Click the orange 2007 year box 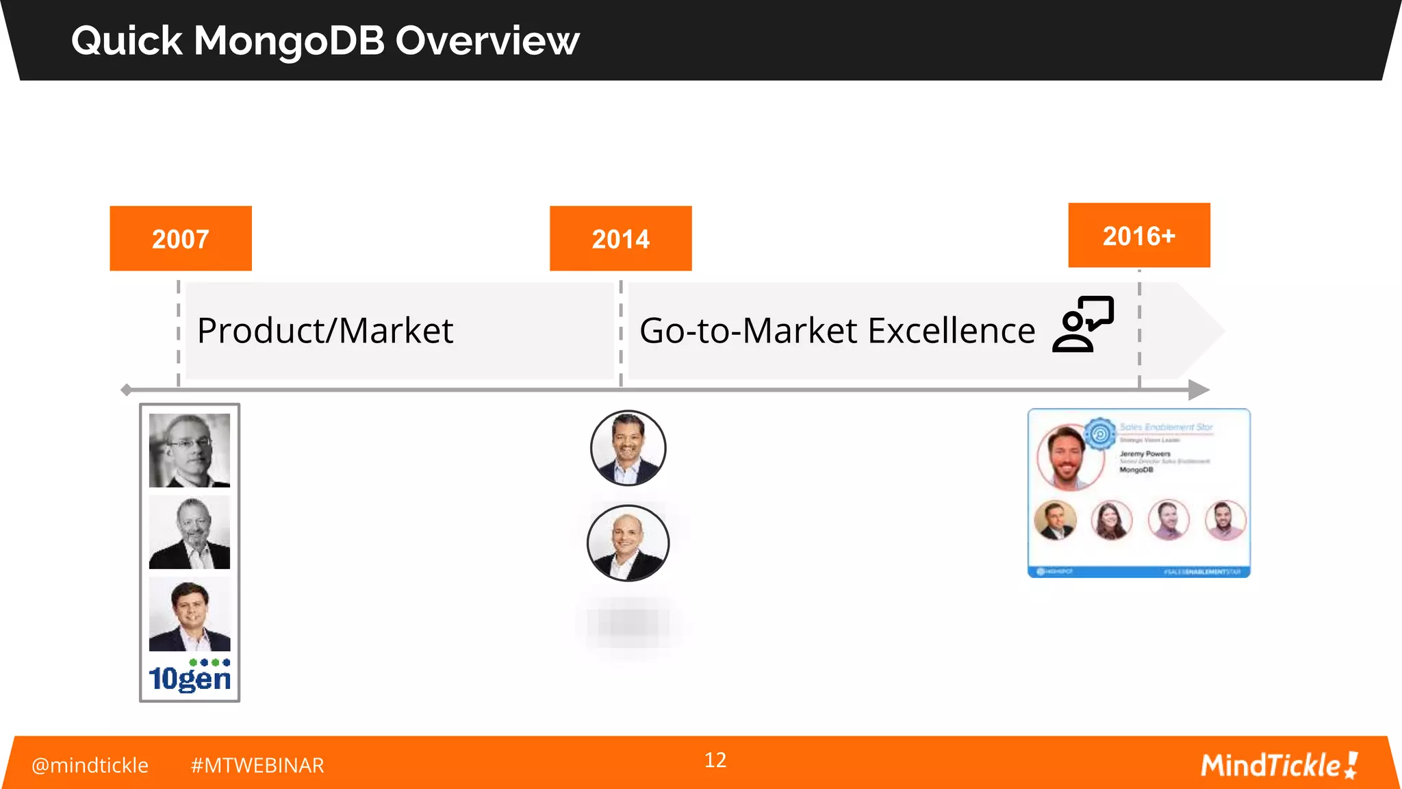(x=181, y=238)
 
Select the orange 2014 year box (x=620, y=238)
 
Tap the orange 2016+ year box (x=1139, y=236)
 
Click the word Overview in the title (x=487, y=40)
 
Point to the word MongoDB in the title (x=290, y=40)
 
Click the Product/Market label (x=325, y=331)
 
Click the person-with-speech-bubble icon (x=1083, y=324)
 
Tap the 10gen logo (x=190, y=677)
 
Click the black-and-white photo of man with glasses (x=190, y=450)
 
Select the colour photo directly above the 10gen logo (x=190, y=614)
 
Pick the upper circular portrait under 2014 (x=628, y=448)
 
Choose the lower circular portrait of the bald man (x=628, y=543)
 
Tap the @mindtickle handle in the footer (x=90, y=765)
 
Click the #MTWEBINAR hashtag (x=257, y=765)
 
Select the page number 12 (x=715, y=760)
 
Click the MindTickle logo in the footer (x=1279, y=765)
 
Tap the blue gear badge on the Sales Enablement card (x=1100, y=434)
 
